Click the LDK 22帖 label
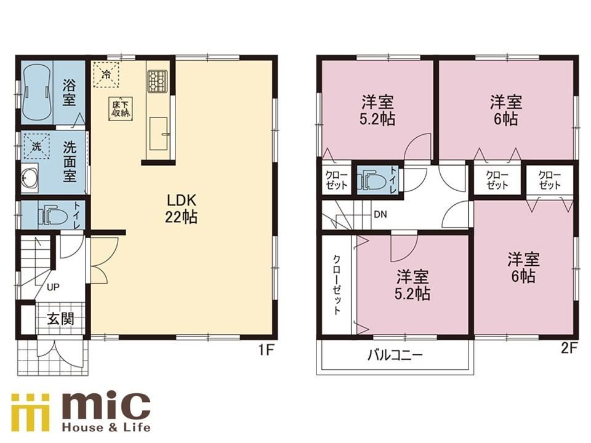point(181,209)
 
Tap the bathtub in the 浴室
point(36,93)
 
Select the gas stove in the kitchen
point(157,81)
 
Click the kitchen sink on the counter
point(159,134)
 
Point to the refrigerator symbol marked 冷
point(107,74)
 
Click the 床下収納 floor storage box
point(121,110)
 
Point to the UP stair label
point(53,287)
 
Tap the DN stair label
point(380,215)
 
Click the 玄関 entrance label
point(60,319)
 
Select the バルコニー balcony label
point(395,355)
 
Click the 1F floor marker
point(265,350)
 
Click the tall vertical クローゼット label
point(337,284)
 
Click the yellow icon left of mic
point(31,412)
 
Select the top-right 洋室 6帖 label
point(506,110)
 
